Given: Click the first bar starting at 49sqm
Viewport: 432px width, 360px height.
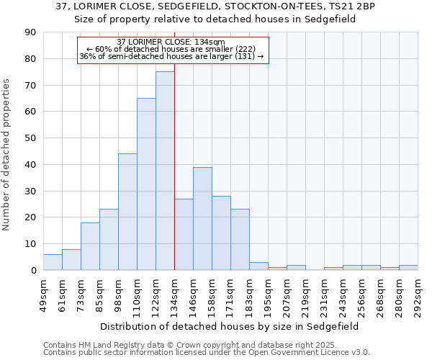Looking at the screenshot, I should point(53,262).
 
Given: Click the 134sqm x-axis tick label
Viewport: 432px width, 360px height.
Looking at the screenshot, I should point(175,295).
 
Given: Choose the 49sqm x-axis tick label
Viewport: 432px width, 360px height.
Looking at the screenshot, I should point(44,295).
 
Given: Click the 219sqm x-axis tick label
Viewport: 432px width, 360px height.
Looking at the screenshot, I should point(306,295).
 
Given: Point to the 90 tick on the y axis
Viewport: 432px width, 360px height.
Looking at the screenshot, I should point(30,32).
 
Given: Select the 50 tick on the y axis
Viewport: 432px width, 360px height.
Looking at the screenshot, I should point(30,138).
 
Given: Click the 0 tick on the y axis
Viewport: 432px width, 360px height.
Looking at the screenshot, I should point(33,271).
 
